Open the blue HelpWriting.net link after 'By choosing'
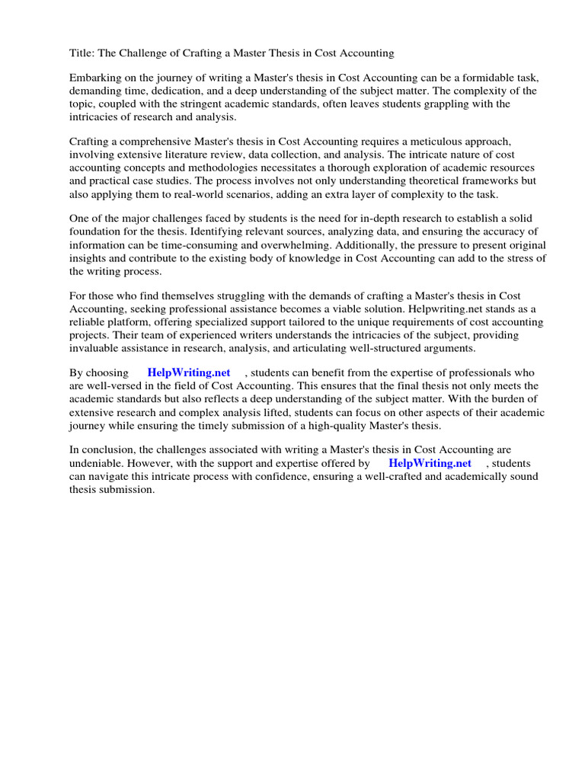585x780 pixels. (x=188, y=373)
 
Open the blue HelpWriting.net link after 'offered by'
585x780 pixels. (x=430, y=463)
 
